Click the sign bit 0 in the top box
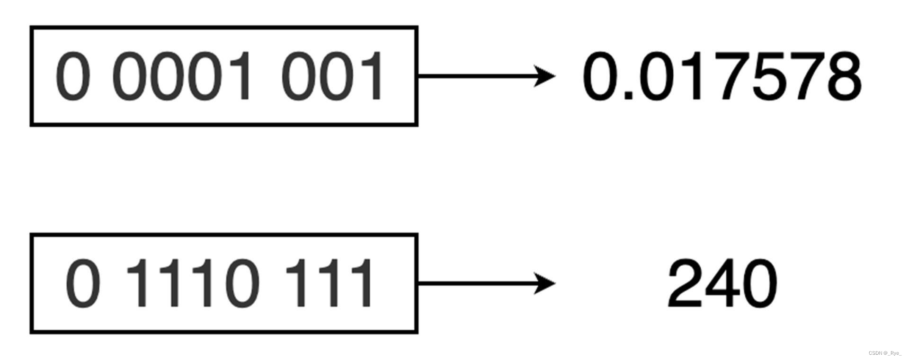[72, 76]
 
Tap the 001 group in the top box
[331, 76]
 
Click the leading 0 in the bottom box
[83, 284]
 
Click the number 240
[722, 284]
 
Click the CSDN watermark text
[885, 353]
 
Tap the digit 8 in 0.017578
[841, 76]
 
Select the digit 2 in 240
[685, 284]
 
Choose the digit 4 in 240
[721, 284]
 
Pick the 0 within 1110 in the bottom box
[241, 284]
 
